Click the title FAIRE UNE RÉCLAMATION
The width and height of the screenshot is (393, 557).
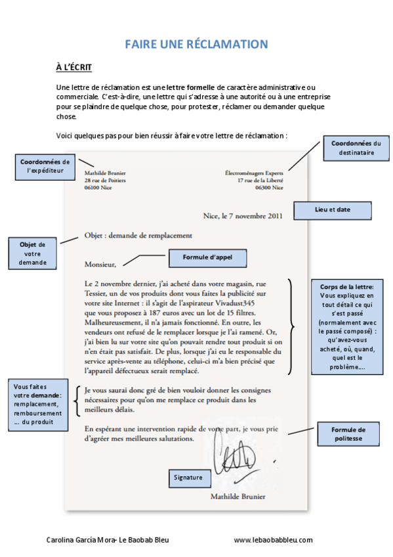(197, 44)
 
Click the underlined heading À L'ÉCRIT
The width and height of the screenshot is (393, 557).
(73, 68)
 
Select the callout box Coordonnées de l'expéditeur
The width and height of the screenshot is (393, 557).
(45, 166)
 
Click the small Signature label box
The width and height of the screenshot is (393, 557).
(188, 477)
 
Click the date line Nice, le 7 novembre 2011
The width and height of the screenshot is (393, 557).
(243, 215)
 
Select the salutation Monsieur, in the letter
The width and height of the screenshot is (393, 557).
(100, 265)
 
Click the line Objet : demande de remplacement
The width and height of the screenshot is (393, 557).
(138, 235)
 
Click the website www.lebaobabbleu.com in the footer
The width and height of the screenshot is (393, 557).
(273, 540)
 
